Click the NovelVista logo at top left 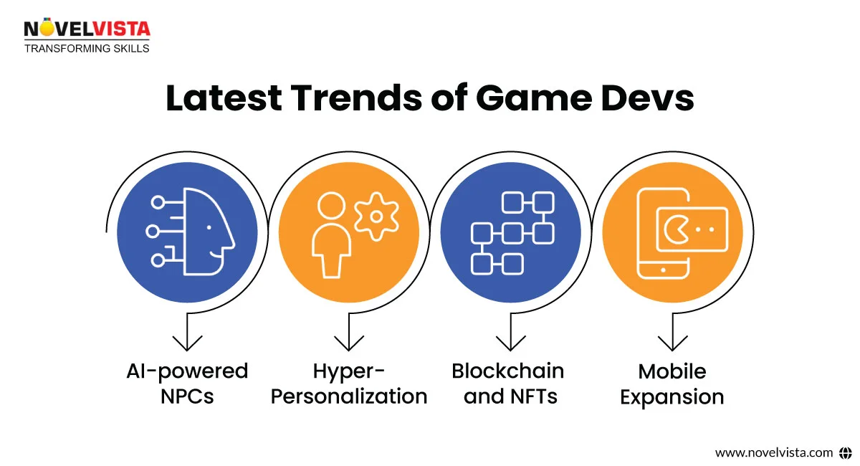(x=86, y=29)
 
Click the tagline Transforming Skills (x=87, y=49)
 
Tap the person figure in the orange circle (x=328, y=237)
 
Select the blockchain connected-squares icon (x=511, y=233)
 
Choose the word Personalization (x=349, y=396)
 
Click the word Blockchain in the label (x=507, y=371)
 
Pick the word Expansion (x=672, y=396)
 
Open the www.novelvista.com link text (x=774, y=452)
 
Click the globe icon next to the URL (x=845, y=452)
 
